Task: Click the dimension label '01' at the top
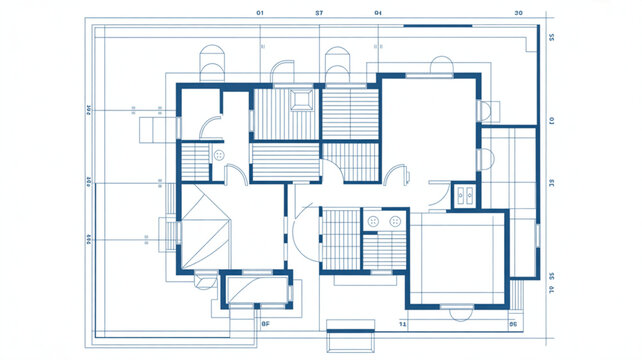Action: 260,13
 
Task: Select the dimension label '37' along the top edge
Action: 319,13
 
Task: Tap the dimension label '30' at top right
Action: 518,13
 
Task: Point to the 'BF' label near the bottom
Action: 266,324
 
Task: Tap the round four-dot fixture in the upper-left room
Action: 218,155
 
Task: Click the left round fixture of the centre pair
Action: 374,220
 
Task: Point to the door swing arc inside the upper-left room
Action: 210,125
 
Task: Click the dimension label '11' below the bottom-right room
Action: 403,324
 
